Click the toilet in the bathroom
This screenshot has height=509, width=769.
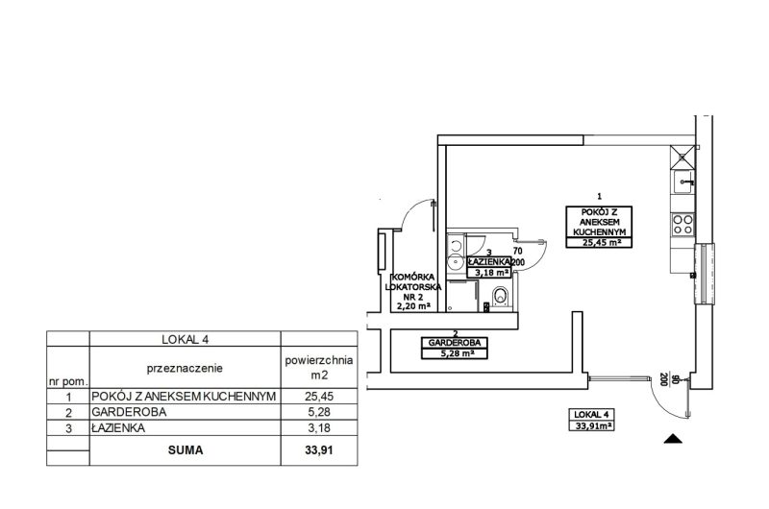click(501, 297)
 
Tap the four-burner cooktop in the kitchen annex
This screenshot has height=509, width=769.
click(682, 225)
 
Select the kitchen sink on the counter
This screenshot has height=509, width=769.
click(683, 182)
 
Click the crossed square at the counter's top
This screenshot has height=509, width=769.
click(682, 158)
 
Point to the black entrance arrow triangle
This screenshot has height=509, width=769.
click(673, 439)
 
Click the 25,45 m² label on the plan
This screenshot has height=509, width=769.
click(599, 242)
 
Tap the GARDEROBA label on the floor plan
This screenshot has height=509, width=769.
click(454, 343)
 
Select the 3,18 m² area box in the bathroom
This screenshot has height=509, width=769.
click(489, 273)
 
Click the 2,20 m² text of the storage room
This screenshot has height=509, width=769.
click(413, 306)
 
